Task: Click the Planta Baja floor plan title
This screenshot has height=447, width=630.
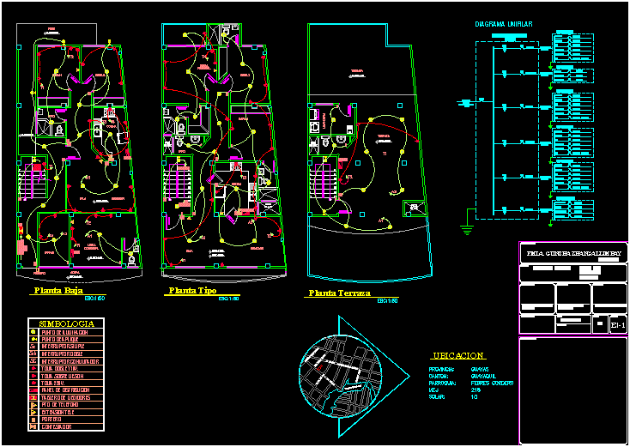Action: pyautogui.click(x=58, y=291)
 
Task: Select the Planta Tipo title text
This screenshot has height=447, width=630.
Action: pyautogui.click(x=191, y=292)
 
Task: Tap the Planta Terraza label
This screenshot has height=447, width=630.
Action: pyautogui.click(x=338, y=293)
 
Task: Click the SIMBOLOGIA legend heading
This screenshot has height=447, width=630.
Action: pyautogui.click(x=67, y=323)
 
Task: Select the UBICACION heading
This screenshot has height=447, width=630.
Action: pyautogui.click(x=458, y=355)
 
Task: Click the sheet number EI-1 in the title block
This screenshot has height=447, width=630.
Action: pyautogui.click(x=616, y=325)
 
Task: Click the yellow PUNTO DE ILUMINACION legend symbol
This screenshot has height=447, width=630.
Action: pyautogui.click(x=33, y=332)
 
